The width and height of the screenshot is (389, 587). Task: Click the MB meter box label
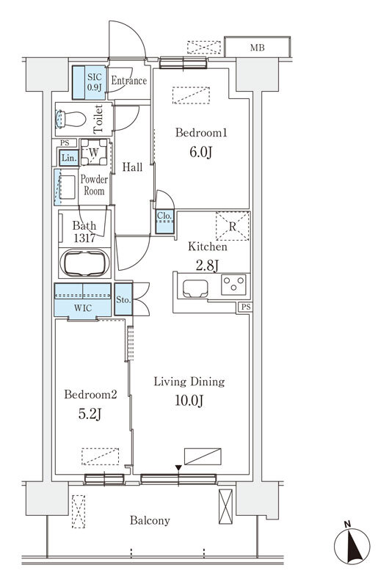coord(257,48)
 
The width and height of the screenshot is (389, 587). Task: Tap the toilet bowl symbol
coord(70,119)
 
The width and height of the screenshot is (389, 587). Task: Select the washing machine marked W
coord(94,152)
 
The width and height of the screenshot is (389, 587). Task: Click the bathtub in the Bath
coord(85,263)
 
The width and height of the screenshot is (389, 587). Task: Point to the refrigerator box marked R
coord(233,226)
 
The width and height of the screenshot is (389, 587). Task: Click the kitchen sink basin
coord(195,288)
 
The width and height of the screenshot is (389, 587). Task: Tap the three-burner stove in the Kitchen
coord(233,285)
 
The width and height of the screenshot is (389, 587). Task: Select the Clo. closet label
coord(164,216)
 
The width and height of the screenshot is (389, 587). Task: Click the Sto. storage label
coord(123,300)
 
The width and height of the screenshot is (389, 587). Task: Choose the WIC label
coord(83,308)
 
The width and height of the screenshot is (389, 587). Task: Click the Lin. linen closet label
coord(69,158)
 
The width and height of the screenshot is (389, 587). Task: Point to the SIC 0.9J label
coord(95,82)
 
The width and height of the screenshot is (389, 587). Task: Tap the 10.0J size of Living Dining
coord(189,401)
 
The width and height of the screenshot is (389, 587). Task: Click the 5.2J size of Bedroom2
coord(90,414)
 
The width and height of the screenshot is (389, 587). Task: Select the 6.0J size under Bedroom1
coord(201,152)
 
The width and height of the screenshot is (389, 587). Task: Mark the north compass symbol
coord(352,544)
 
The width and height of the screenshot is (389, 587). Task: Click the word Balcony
coord(150,520)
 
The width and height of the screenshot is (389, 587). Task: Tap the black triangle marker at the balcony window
coord(178,468)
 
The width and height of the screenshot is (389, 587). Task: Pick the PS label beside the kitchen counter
coord(246,307)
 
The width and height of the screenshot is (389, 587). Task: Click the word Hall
coord(133,167)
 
